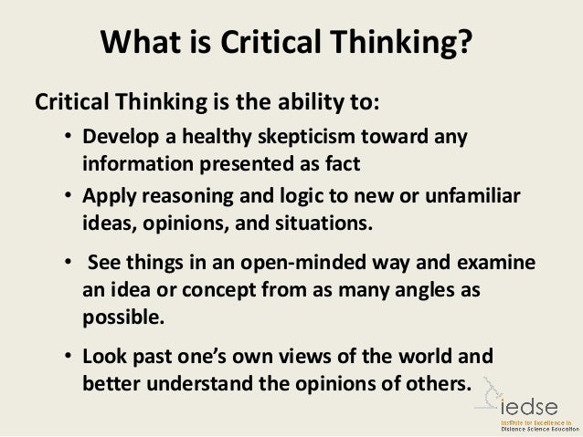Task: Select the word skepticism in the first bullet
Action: (298, 140)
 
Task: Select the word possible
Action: (117, 315)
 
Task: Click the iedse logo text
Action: (539, 399)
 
